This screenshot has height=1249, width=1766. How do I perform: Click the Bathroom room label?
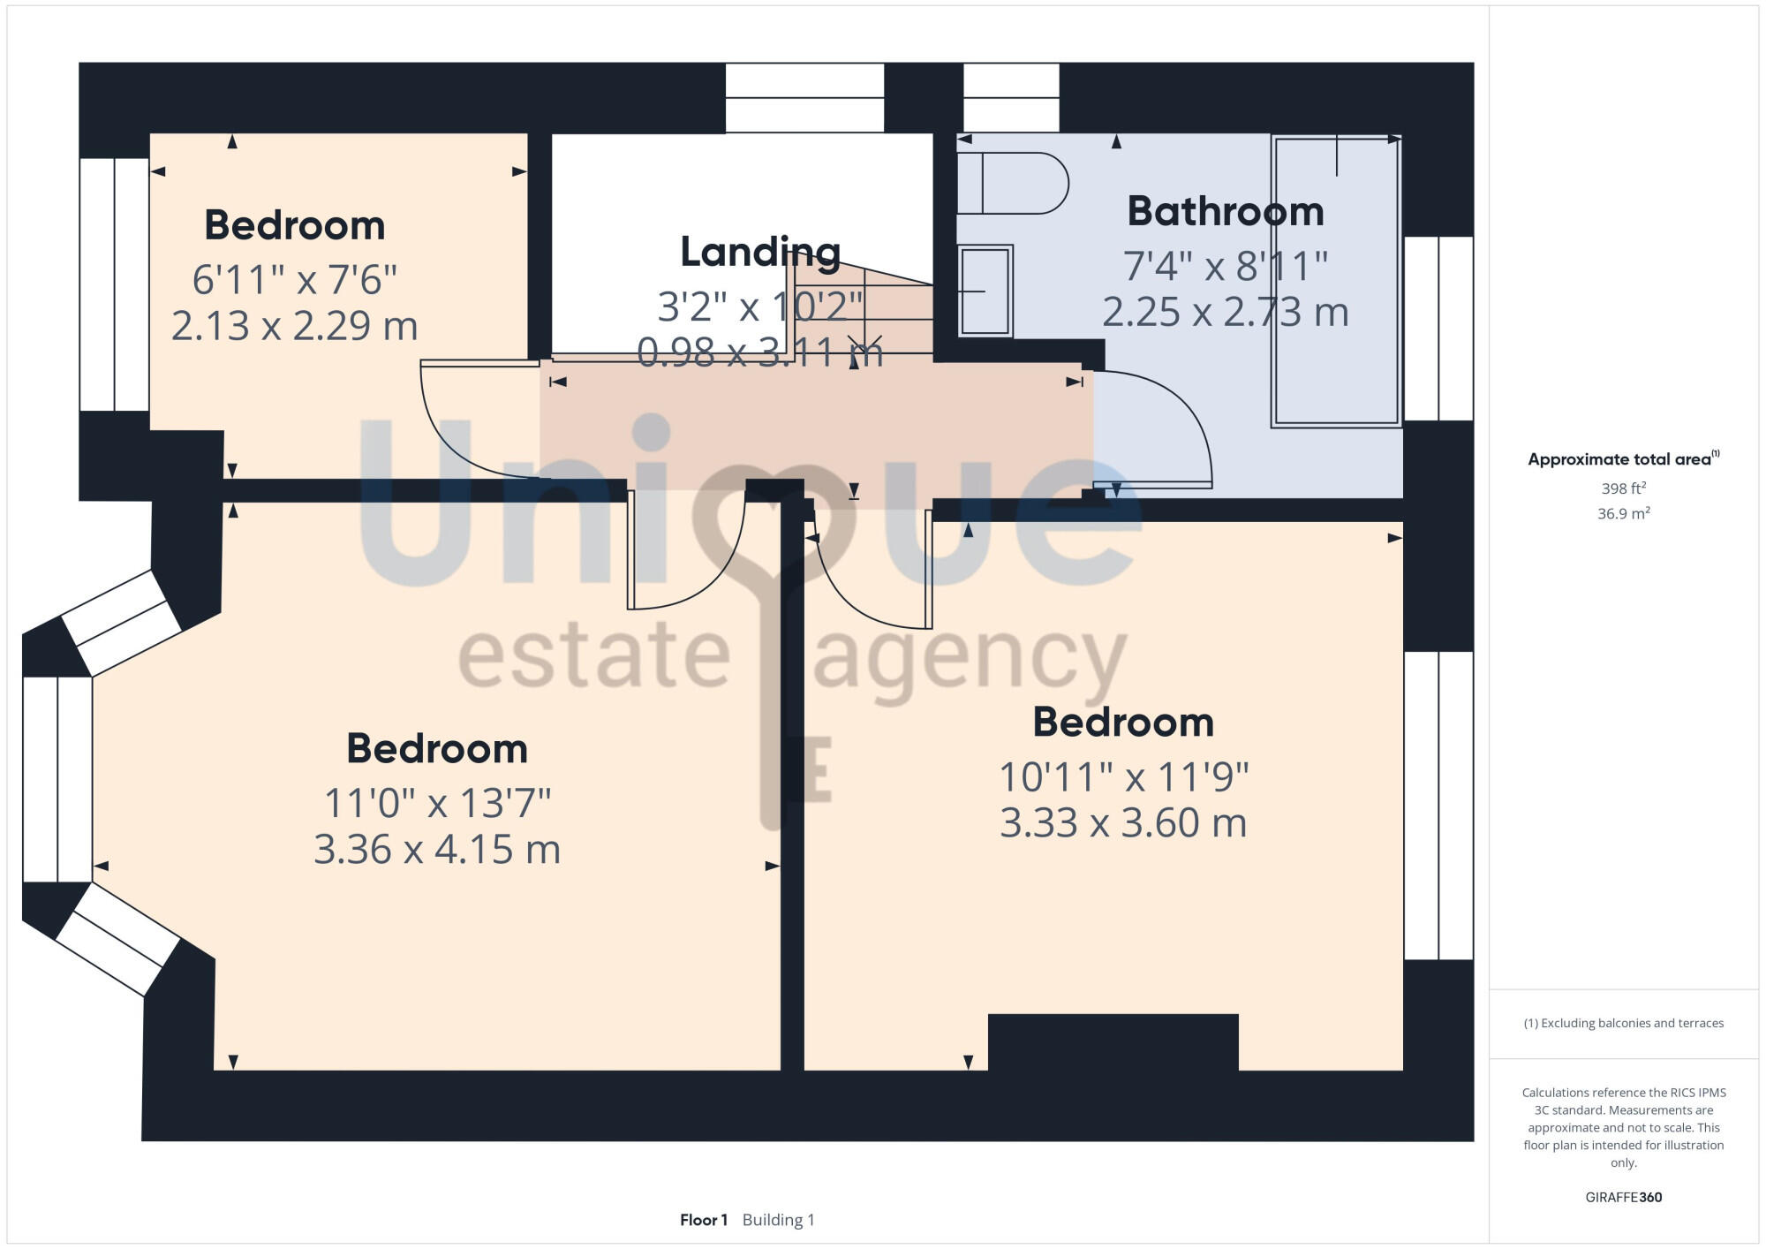click(1226, 212)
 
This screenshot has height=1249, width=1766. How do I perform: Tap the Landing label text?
click(759, 253)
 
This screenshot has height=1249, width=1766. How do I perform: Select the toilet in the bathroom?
click(1012, 184)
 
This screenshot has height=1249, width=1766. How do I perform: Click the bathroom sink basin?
click(985, 291)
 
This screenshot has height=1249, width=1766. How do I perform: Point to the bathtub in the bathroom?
click(1336, 281)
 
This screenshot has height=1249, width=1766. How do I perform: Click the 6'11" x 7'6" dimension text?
click(294, 280)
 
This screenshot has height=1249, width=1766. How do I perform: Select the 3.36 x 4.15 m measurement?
click(437, 850)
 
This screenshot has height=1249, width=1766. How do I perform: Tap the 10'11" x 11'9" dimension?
click(1123, 778)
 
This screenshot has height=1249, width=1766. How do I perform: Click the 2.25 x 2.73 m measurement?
click(1226, 313)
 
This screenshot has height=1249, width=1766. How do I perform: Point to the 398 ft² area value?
click(1623, 488)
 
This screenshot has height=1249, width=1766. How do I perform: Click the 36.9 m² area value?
click(1623, 513)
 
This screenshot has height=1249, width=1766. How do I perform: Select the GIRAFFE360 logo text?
click(1623, 1198)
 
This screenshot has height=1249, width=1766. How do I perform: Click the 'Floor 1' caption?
click(703, 1220)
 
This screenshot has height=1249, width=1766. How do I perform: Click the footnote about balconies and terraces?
click(1623, 1023)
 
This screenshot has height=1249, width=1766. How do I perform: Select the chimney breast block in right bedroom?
click(1113, 1042)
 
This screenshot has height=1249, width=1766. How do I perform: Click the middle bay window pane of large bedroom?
click(57, 779)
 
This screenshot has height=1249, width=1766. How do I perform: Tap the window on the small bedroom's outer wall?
click(115, 284)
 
